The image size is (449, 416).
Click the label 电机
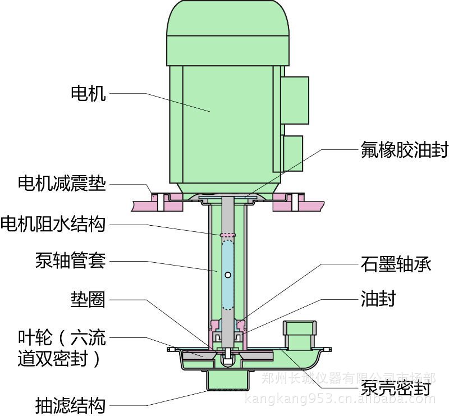tap(88, 93)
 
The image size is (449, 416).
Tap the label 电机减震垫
tap(62, 184)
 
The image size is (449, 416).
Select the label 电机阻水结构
tap(53, 224)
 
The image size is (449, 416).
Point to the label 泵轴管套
tap(70, 261)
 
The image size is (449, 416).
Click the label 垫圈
tap(88, 299)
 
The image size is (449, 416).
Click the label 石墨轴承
tap(395, 264)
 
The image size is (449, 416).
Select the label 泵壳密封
tap(396, 388)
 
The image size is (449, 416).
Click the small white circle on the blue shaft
tap(228, 275)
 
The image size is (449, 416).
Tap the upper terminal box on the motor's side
tap(296, 100)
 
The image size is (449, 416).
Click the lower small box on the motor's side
tap(292, 153)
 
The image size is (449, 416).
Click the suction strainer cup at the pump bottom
tap(228, 380)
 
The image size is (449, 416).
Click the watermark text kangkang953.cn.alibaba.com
tap(341, 400)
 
